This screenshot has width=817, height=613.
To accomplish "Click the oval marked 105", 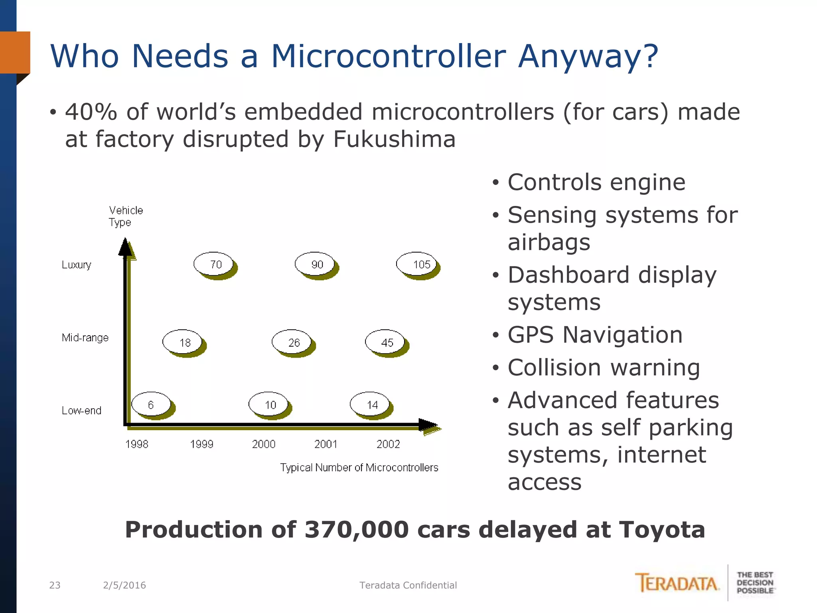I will pyautogui.click(x=417, y=264).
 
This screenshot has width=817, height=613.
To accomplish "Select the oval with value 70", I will pyautogui.click(x=214, y=264).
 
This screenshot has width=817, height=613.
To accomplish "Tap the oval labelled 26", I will pyautogui.click(x=292, y=342).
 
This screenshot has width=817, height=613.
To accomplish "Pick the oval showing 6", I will pyautogui.click(x=151, y=405).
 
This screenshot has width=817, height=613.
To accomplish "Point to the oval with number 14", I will pyautogui.click(x=370, y=405).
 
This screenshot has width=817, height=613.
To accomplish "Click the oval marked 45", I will pyautogui.click(x=385, y=342).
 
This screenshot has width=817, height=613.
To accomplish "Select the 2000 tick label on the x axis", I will pyautogui.click(x=263, y=444).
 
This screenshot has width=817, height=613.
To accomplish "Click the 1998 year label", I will pyautogui.click(x=136, y=444).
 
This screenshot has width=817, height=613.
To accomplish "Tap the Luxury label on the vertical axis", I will pyautogui.click(x=76, y=265).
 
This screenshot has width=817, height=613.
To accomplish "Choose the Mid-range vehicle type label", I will pyautogui.click(x=85, y=338).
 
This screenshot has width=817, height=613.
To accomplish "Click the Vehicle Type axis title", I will pyautogui.click(x=125, y=216).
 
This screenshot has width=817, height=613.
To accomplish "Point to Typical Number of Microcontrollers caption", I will pyautogui.click(x=359, y=467).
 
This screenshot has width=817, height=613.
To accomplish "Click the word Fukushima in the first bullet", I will pyautogui.click(x=394, y=139).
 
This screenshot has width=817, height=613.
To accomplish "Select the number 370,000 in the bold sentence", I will pyautogui.click(x=357, y=530).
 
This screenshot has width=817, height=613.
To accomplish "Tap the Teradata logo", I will pyautogui.click(x=677, y=583).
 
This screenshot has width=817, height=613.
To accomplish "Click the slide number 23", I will pyautogui.click(x=55, y=585).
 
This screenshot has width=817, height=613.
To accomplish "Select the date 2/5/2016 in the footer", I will pyautogui.click(x=124, y=585).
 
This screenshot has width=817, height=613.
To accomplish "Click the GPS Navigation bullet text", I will pyautogui.click(x=595, y=334).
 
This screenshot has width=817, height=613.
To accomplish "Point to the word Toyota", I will pyautogui.click(x=662, y=530).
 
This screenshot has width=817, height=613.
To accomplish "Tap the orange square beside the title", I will pyautogui.click(x=15, y=52).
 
